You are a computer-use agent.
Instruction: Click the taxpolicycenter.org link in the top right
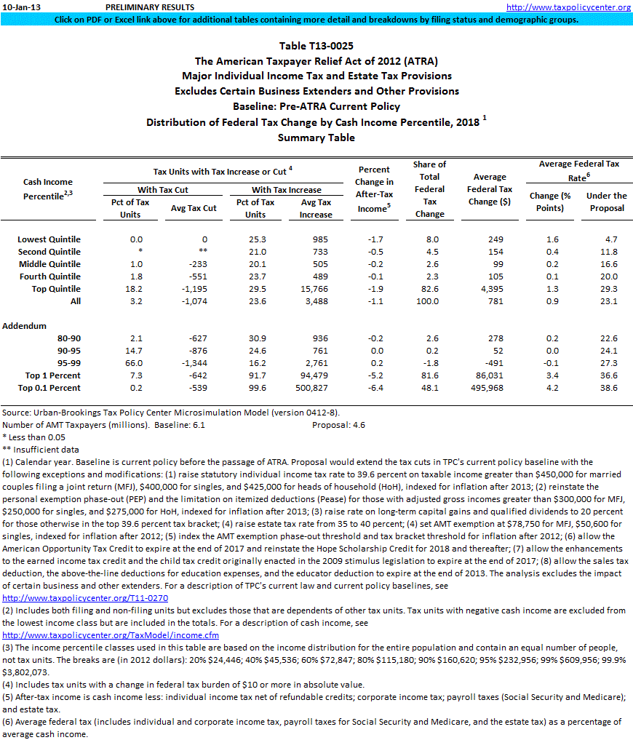(568, 7)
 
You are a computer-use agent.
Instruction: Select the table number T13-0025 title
(316, 46)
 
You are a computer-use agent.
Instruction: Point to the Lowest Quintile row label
(49, 239)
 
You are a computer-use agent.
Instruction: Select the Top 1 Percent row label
(55, 375)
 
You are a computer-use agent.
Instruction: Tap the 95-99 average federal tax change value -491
(494, 363)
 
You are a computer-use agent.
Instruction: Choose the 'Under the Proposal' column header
(606, 202)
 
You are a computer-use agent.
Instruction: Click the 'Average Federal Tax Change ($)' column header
(490, 189)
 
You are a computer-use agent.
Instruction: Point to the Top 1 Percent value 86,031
(490, 375)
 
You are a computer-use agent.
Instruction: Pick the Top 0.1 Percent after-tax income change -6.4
(374, 388)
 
